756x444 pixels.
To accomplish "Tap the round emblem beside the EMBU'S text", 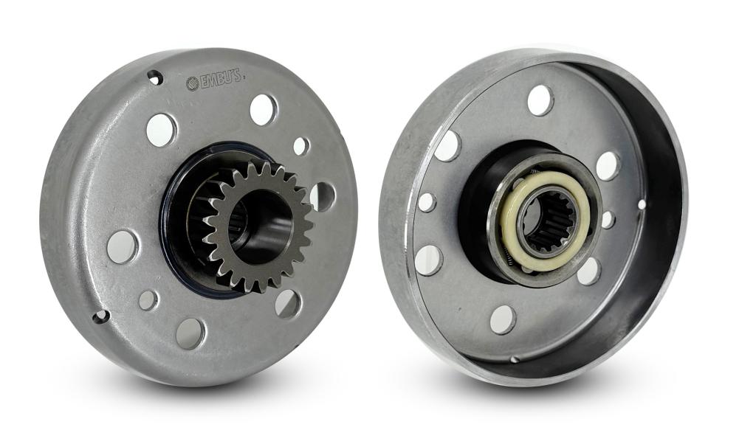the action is (x=192, y=84).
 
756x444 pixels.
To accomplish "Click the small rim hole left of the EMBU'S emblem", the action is (x=155, y=77).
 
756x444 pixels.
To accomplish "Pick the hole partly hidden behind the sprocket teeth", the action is (x=323, y=196).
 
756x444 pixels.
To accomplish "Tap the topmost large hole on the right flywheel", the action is (x=540, y=100).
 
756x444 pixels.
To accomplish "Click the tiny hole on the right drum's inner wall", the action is (x=642, y=204).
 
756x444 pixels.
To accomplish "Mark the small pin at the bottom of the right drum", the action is (x=515, y=358).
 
